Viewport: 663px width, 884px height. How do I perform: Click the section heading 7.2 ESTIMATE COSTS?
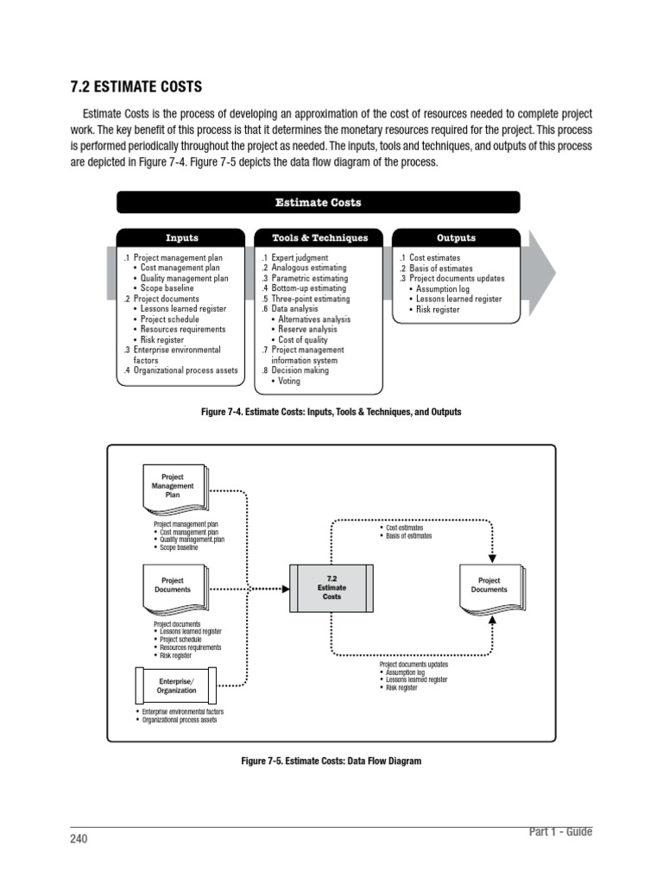coord(136,86)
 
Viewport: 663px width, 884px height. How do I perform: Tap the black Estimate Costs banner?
coord(318,203)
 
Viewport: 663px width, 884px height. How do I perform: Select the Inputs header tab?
coord(181,237)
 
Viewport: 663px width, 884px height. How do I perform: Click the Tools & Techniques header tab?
coord(319,237)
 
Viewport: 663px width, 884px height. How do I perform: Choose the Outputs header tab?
coord(456,237)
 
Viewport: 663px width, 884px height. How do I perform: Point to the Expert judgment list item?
coord(299,258)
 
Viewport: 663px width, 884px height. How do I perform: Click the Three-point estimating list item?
coord(310,299)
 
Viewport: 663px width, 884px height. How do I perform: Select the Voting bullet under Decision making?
coord(289,381)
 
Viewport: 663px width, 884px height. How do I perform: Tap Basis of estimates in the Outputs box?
coord(440,268)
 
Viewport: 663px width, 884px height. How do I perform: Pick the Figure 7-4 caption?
coord(331,413)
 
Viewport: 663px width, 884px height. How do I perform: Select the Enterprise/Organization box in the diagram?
coord(176,685)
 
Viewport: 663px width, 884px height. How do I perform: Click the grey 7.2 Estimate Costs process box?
coord(331,588)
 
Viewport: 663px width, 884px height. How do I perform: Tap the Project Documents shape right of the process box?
coord(489,586)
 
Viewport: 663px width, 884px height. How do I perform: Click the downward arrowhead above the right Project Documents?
coord(493,558)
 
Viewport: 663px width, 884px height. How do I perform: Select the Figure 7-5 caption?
coord(331,761)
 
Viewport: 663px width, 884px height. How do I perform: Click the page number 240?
coord(79,838)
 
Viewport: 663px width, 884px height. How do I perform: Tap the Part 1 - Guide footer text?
coord(560,831)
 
